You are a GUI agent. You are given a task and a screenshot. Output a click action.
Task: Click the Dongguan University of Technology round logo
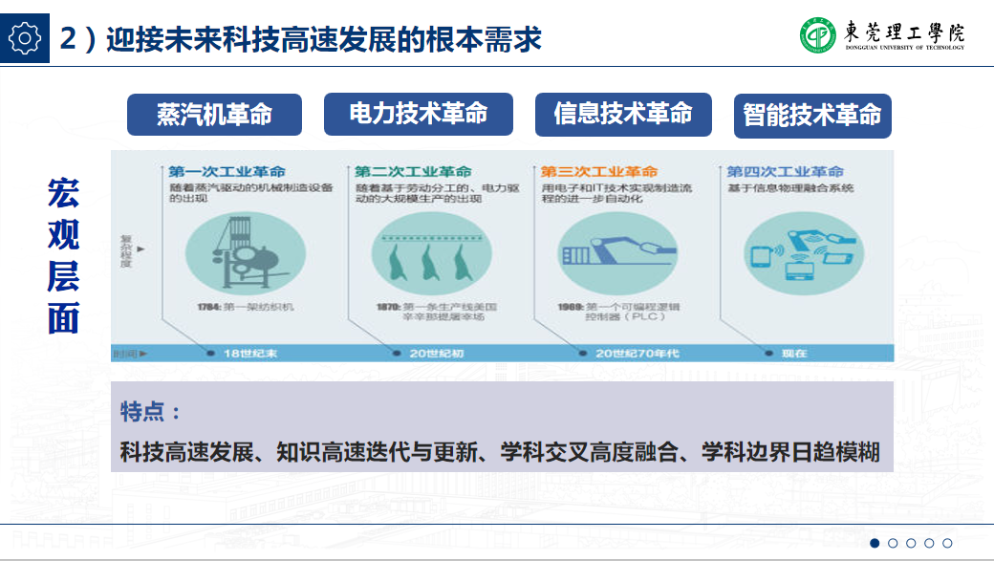(x=818, y=35)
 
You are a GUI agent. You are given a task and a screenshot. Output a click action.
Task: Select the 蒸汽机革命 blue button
(x=214, y=115)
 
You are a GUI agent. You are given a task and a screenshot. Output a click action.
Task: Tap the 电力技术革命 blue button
(x=419, y=115)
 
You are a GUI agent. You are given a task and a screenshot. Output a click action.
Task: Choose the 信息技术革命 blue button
(x=623, y=115)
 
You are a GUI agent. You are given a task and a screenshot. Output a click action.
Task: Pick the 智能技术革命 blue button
(x=812, y=116)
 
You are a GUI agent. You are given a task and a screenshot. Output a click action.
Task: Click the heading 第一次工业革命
(x=227, y=172)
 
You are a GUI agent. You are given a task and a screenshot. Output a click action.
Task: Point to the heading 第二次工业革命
(x=413, y=172)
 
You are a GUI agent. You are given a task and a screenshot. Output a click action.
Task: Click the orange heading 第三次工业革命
(x=599, y=172)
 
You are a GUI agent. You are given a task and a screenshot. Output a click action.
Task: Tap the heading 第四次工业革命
(x=786, y=172)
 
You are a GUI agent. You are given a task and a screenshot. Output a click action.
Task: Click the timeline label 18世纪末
(x=249, y=354)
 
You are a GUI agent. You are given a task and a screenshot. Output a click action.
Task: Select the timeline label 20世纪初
(x=437, y=354)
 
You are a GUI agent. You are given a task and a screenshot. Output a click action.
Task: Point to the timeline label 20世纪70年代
(x=637, y=354)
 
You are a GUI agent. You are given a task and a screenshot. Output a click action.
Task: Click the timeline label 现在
(x=794, y=354)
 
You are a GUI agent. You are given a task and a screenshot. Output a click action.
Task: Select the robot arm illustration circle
(x=606, y=251)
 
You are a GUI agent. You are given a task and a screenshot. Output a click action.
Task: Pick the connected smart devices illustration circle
(x=793, y=251)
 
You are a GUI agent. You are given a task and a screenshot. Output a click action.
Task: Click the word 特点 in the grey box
(x=143, y=412)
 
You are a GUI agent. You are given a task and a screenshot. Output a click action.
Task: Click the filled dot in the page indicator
(x=875, y=543)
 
